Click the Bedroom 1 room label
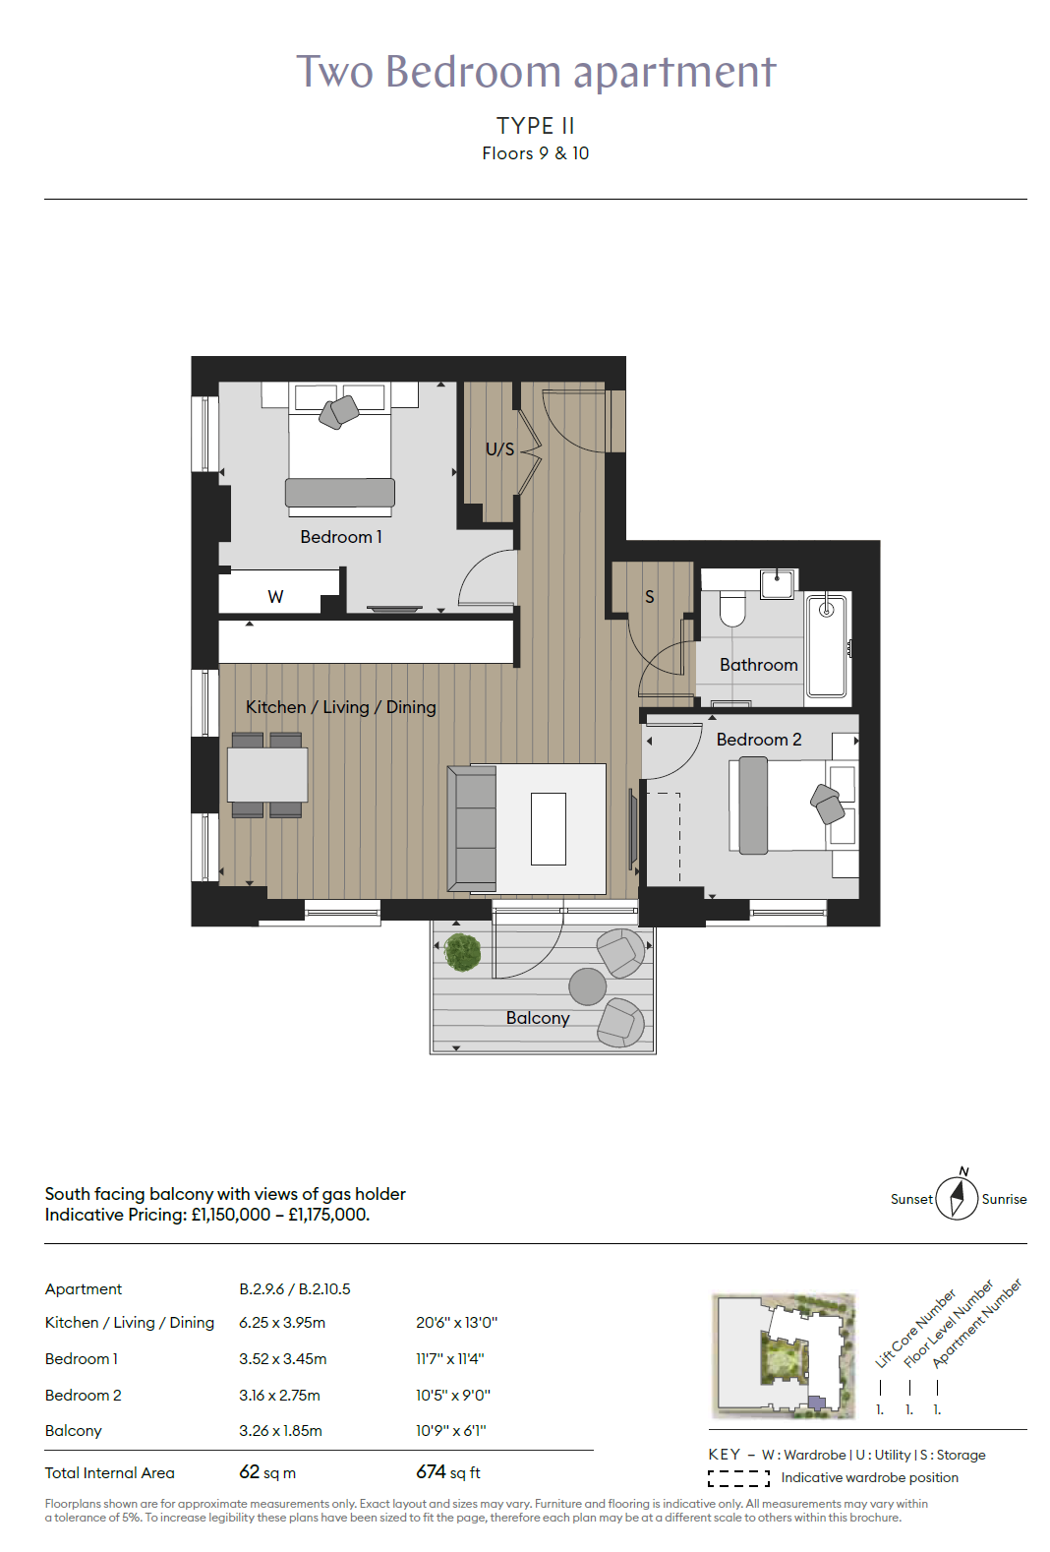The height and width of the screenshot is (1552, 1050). click(x=341, y=537)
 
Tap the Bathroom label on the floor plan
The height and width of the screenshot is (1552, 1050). click(x=758, y=665)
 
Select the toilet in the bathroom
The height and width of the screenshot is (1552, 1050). click(x=731, y=608)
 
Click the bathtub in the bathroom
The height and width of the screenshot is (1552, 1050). click(x=827, y=645)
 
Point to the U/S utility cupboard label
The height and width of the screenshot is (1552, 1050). click(x=500, y=448)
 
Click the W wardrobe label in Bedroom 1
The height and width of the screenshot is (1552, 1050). click(x=275, y=597)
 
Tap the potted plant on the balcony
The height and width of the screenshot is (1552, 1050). click(x=462, y=952)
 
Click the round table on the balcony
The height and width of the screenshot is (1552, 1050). click(x=587, y=985)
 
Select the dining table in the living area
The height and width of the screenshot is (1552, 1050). click(x=267, y=775)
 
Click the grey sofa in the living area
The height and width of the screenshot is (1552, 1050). click(x=472, y=828)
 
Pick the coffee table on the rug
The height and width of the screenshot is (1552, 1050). click(x=549, y=829)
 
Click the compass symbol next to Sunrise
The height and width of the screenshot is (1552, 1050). click(x=957, y=1197)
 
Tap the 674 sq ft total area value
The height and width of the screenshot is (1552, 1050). click(x=447, y=1471)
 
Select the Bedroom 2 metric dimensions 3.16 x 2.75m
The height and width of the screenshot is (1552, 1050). click(x=280, y=1395)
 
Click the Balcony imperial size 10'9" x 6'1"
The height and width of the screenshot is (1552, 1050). click(x=451, y=1430)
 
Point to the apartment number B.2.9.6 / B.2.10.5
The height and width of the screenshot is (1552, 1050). click(x=295, y=1288)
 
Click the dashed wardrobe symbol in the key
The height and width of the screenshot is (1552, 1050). click(x=738, y=1478)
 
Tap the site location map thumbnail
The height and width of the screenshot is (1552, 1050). click(x=784, y=1355)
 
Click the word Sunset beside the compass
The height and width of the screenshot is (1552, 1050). click(x=911, y=1199)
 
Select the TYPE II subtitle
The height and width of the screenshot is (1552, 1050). click(x=536, y=126)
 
